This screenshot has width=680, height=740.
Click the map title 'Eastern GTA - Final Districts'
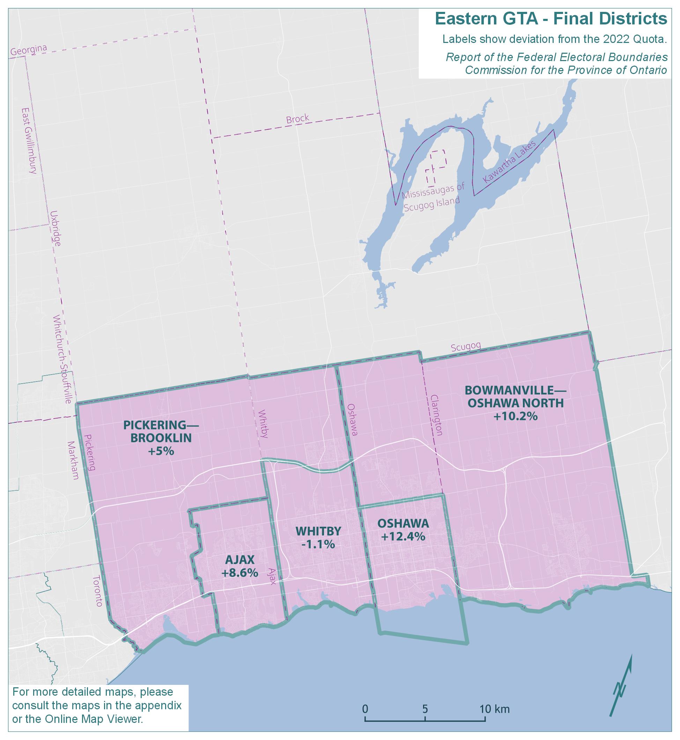(x=551, y=19)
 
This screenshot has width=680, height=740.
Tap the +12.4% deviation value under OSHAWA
(x=403, y=537)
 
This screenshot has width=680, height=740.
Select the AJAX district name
(x=239, y=560)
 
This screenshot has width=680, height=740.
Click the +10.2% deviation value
(x=515, y=416)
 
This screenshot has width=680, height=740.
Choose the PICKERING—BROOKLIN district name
(x=161, y=432)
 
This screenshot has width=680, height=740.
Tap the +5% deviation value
(x=161, y=451)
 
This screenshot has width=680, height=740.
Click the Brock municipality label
(x=297, y=119)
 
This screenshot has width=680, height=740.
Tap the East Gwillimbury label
(x=29, y=141)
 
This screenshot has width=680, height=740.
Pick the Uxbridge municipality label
(x=56, y=228)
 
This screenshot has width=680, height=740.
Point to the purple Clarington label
(x=437, y=415)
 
